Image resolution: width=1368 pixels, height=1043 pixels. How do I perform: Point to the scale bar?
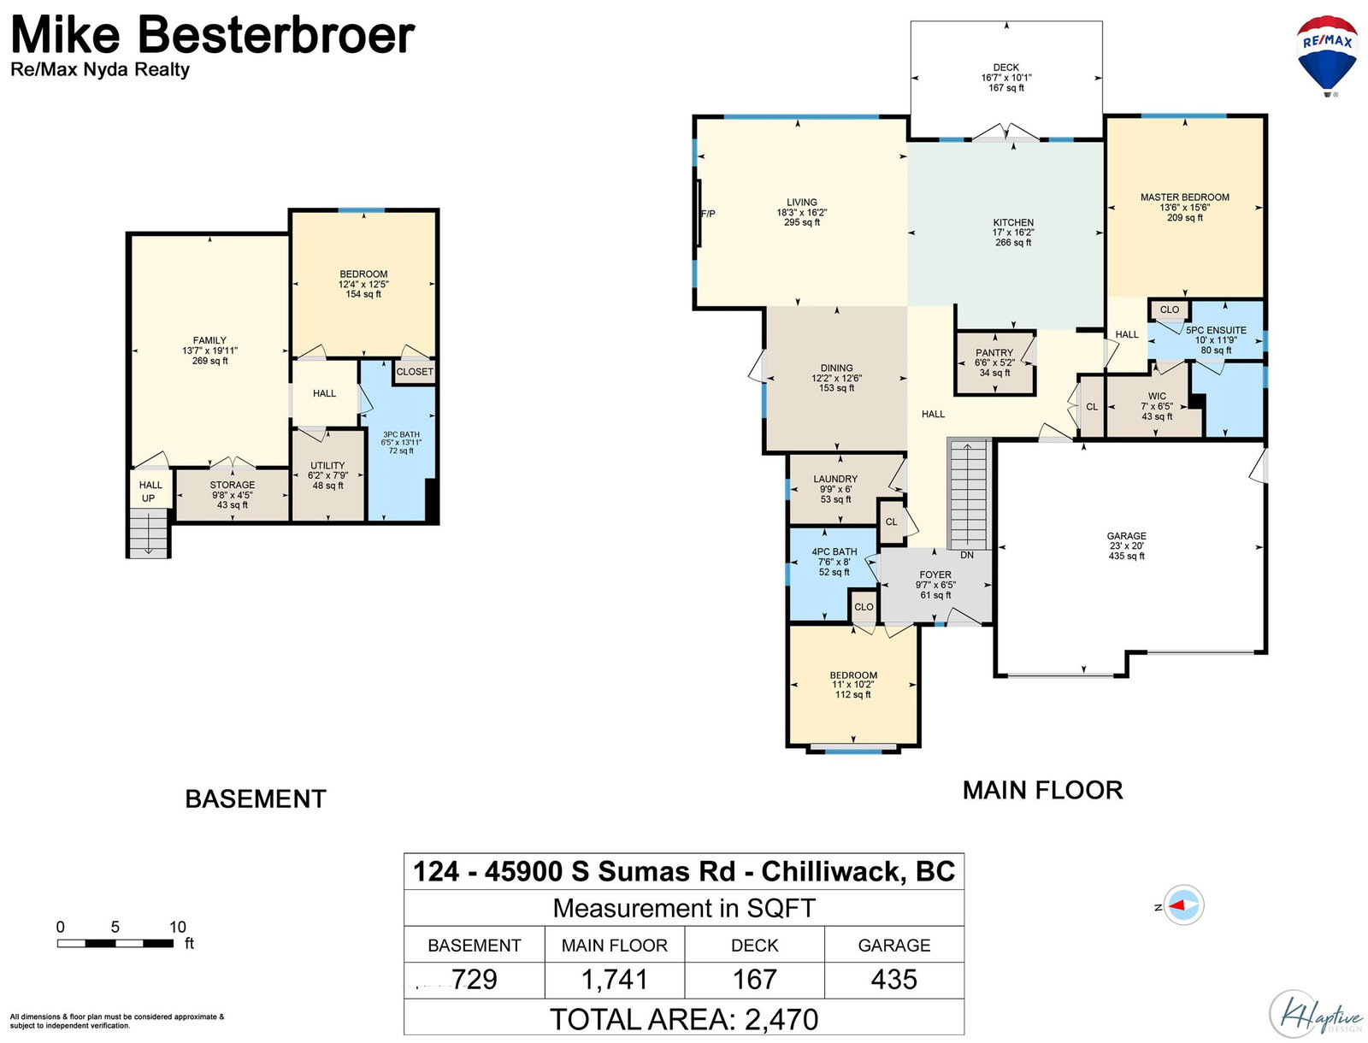[x=115, y=943]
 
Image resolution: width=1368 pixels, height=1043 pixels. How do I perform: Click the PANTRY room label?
[x=994, y=352]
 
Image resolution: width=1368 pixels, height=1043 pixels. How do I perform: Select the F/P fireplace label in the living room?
[x=708, y=214]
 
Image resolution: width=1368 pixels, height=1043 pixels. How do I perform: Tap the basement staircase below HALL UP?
[x=148, y=533]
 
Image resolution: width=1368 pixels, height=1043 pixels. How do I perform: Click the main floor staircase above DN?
[x=968, y=493]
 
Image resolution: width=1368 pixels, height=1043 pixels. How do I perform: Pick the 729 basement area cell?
[x=474, y=980]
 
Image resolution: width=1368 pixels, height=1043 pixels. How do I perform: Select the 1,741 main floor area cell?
[x=615, y=980]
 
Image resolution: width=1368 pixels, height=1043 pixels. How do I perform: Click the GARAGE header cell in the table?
[x=893, y=945]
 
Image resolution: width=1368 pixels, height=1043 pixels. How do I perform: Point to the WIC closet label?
[x=1157, y=396]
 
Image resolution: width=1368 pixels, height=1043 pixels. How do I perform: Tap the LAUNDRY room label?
[x=835, y=479]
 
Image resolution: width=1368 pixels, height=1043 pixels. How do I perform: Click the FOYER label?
[x=935, y=575]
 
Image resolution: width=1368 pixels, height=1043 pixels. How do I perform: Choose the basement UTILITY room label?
[x=327, y=465]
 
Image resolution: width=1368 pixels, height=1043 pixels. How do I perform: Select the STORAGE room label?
[x=232, y=485]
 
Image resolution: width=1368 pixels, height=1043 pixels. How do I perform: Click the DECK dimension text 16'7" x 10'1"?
[x=1005, y=78]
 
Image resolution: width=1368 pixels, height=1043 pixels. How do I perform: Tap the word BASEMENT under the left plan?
[x=256, y=798]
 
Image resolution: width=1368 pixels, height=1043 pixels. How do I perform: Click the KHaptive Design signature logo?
[x=1315, y=1014]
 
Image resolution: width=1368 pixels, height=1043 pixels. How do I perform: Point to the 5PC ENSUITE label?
[x=1215, y=330]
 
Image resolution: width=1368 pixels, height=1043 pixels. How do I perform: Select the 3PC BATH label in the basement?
[x=401, y=434]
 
